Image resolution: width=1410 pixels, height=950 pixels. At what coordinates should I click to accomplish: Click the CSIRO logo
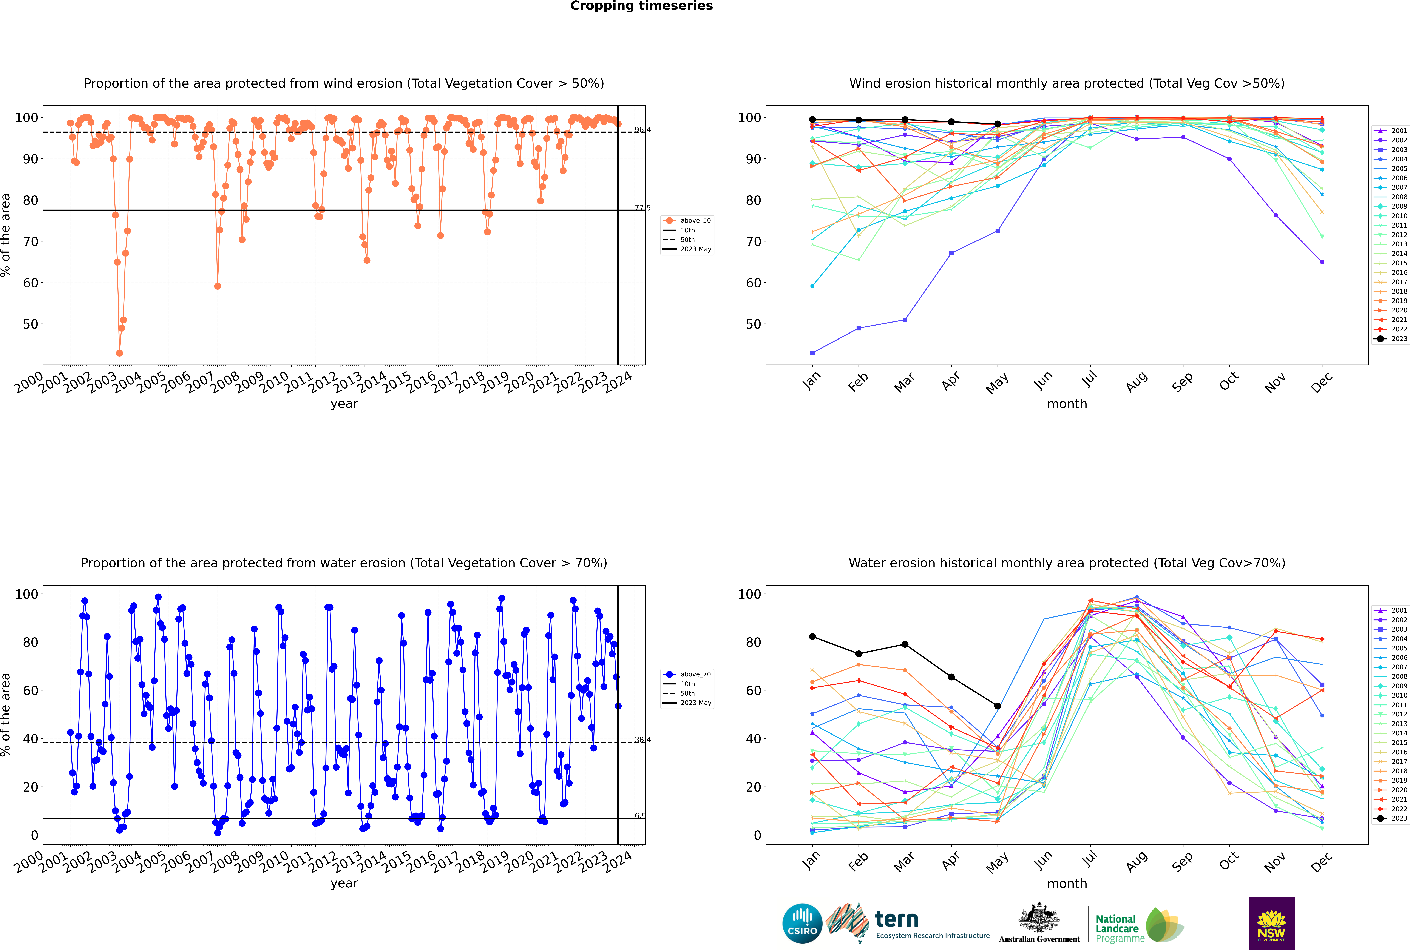[802, 923]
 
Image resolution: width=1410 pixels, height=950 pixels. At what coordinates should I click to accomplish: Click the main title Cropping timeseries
[641, 6]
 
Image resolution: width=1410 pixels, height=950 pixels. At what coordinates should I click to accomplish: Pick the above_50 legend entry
[695, 221]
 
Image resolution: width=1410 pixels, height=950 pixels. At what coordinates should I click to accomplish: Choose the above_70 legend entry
[695, 674]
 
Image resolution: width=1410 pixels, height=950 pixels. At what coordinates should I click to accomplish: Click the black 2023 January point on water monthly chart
[812, 637]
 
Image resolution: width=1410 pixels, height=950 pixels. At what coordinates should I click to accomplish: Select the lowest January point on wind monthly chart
[812, 353]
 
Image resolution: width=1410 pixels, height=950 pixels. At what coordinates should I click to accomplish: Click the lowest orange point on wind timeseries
[119, 353]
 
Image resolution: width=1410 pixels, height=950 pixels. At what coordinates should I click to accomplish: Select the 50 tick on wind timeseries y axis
[30, 324]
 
